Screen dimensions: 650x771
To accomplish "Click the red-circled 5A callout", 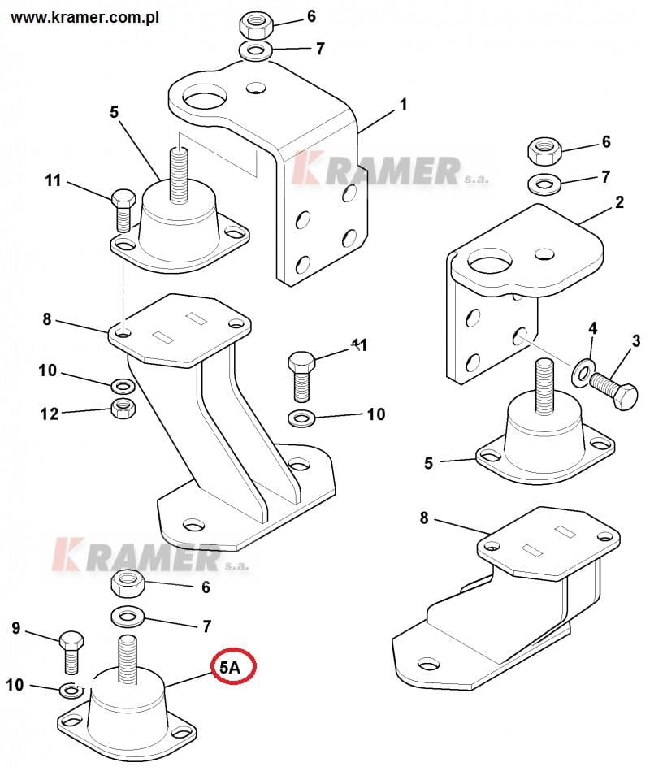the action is pyautogui.click(x=233, y=666).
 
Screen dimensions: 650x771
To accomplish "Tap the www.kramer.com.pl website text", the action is pyautogui.click(x=84, y=18).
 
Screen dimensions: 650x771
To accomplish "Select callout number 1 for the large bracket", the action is pyautogui.click(x=403, y=105).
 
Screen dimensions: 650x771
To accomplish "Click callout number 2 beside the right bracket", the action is pyautogui.click(x=619, y=202).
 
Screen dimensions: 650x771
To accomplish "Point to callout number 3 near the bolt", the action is pyautogui.click(x=635, y=340).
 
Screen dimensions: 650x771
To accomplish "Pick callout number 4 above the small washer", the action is pyautogui.click(x=593, y=328).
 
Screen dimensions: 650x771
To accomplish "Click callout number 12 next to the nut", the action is pyautogui.click(x=49, y=414).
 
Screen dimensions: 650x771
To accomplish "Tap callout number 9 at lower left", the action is pyautogui.click(x=16, y=628).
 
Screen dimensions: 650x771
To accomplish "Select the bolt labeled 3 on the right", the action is pyautogui.click(x=613, y=391).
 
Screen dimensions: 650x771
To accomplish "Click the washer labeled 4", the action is pyautogui.click(x=583, y=372).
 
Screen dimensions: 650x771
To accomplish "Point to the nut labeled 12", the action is pyautogui.click(x=123, y=408).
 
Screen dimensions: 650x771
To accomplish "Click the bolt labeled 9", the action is pyautogui.click(x=71, y=652).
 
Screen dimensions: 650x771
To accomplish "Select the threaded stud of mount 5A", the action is pyautogui.click(x=127, y=660).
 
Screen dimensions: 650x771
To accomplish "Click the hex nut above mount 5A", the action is pyautogui.click(x=128, y=585).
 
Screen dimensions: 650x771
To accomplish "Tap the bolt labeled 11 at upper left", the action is pyautogui.click(x=123, y=210).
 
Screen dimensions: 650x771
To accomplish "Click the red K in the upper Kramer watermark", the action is pyautogui.click(x=305, y=167).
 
